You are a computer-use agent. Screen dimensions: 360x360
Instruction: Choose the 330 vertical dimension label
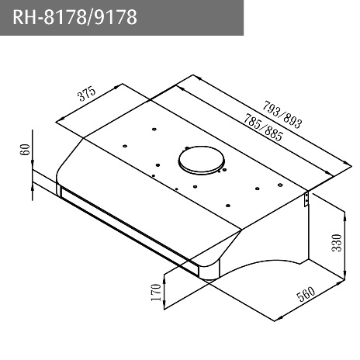[x=337, y=244]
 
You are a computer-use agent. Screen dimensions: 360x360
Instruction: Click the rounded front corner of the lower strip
[x=208, y=271]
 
